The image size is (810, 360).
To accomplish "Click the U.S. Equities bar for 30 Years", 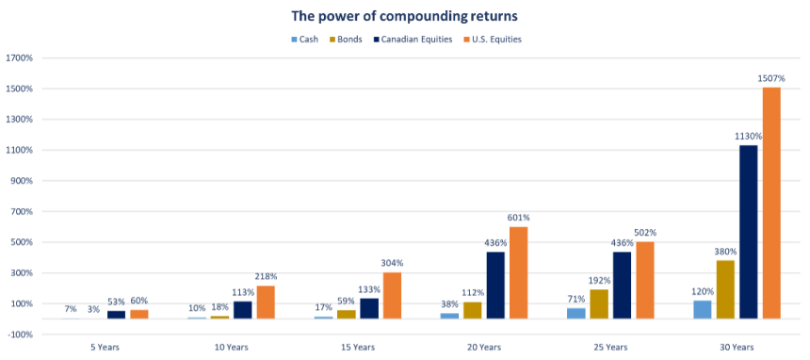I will tap(771, 203).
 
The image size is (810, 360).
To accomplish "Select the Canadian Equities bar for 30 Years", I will tap(749, 232).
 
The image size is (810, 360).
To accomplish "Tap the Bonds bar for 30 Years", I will tap(725, 289).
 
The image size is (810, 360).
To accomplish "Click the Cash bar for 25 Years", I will tap(576, 313).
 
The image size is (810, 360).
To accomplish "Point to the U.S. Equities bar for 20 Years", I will tap(519, 272).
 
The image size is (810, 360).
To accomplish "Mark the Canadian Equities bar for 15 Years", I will tap(369, 308).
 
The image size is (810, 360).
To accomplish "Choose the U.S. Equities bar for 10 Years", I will tap(266, 302).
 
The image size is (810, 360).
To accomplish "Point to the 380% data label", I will tap(725, 252).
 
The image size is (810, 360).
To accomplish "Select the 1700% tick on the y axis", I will tap(19, 58).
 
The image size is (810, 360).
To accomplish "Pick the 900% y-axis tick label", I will tap(21, 181).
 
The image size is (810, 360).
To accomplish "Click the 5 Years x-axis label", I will tap(104, 348).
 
